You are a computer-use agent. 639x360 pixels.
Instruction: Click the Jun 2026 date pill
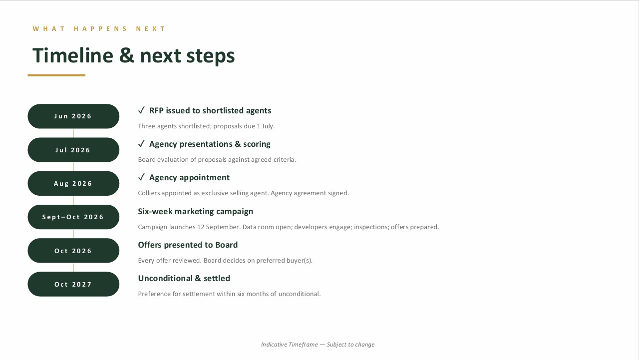(73, 116)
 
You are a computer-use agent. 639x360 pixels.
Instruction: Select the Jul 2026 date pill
(73, 150)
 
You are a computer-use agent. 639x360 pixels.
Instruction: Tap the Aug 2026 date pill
(73, 183)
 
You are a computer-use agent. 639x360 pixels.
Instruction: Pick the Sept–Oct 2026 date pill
(73, 217)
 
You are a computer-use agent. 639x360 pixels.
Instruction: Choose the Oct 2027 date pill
(73, 284)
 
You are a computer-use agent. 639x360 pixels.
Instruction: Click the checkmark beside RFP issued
(141, 110)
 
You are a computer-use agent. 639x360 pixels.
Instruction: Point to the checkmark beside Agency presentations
(141, 143)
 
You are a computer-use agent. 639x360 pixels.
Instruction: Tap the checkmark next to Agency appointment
(141, 177)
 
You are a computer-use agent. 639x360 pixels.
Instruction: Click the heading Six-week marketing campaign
(195, 211)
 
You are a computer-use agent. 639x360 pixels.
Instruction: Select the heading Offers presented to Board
(188, 245)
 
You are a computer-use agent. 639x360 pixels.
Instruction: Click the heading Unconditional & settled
(184, 278)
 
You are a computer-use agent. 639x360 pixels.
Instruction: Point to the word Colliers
(149, 193)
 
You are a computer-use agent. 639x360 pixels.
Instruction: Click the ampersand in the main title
(126, 55)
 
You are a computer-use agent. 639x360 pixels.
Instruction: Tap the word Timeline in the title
(73, 55)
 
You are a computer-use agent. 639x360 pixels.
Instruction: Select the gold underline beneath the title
(56, 75)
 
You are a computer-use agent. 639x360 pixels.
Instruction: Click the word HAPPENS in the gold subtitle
(100, 29)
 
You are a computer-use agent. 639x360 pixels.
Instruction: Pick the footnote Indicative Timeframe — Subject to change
(318, 345)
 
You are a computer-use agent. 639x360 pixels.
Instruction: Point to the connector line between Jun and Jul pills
(73, 133)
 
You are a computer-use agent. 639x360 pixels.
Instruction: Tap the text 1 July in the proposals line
(265, 126)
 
